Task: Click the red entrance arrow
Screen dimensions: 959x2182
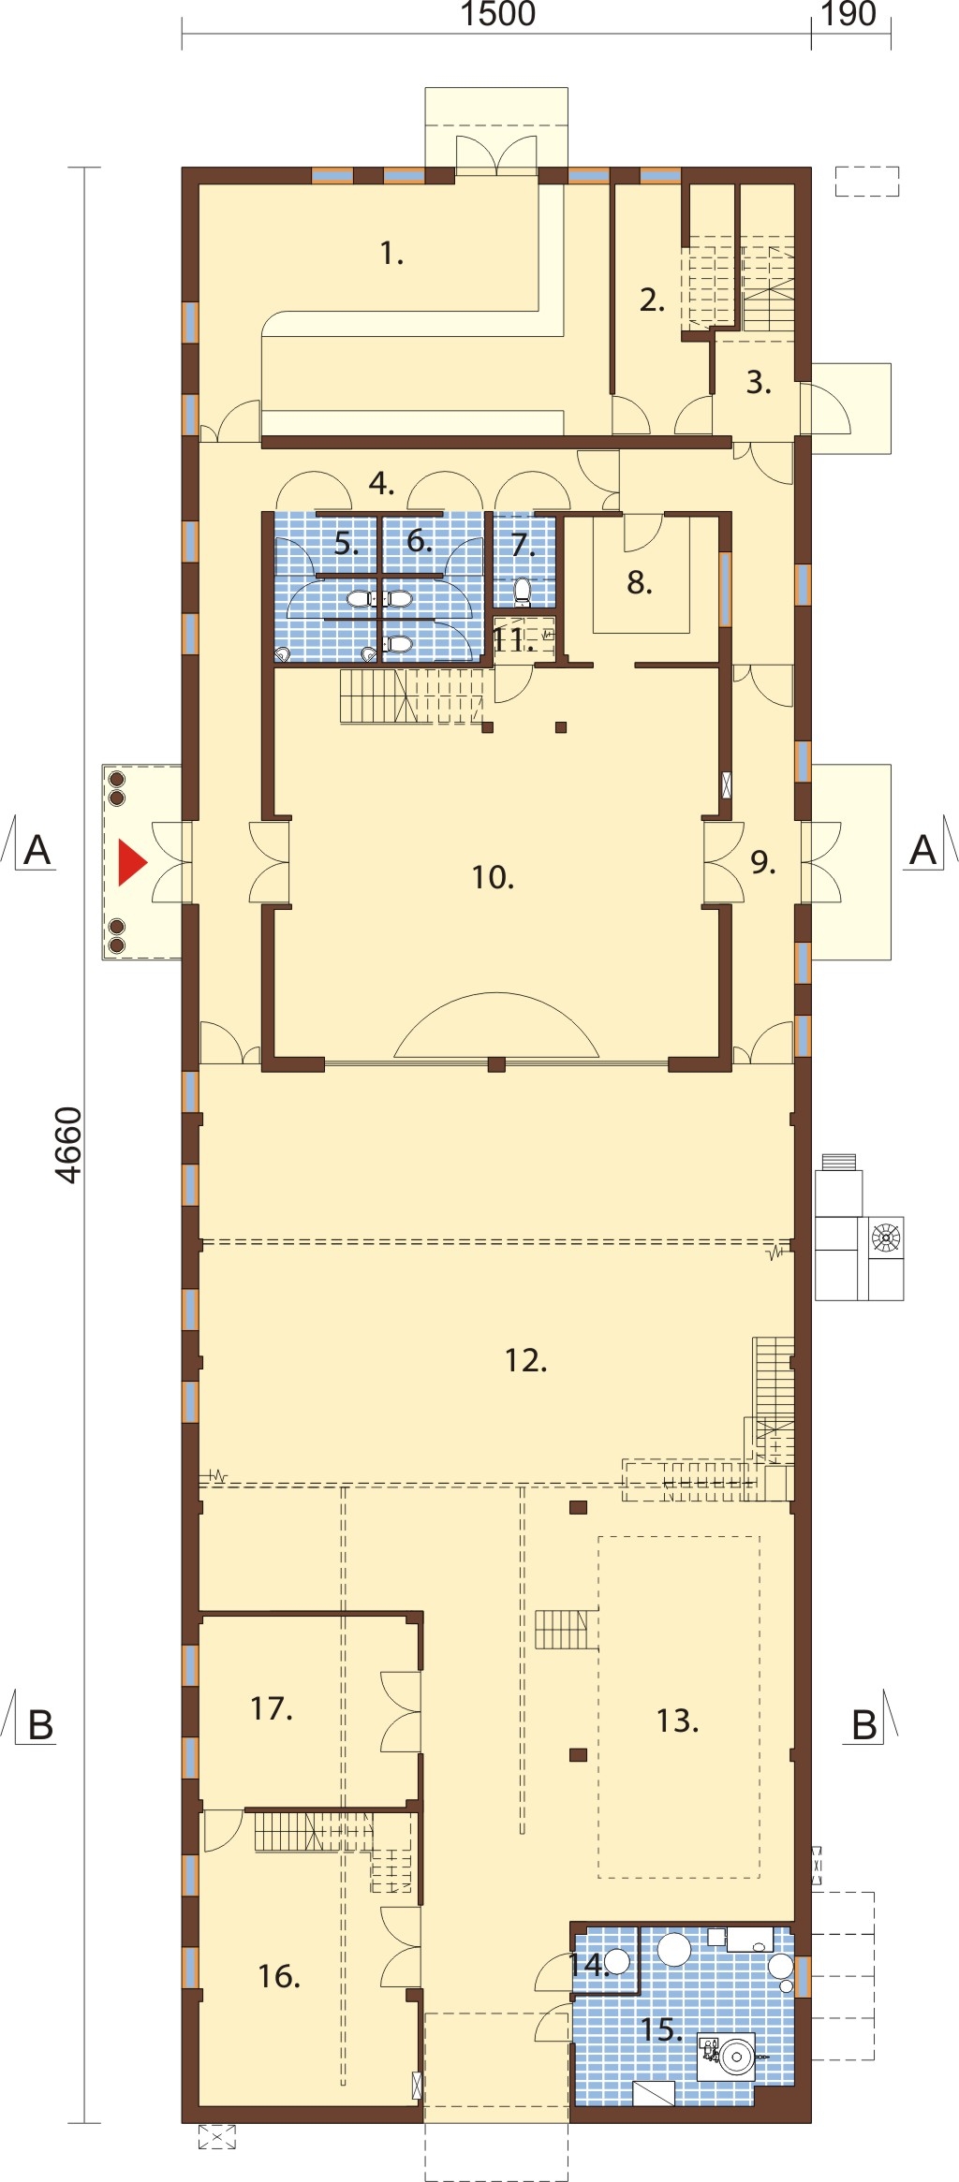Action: click(131, 862)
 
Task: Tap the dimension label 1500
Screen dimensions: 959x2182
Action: click(498, 14)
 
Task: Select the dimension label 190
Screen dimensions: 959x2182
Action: click(848, 14)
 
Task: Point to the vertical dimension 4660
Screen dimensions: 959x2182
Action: click(69, 1145)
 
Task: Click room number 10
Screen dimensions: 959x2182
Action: click(493, 877)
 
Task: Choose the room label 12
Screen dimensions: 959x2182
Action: click(525, 1360)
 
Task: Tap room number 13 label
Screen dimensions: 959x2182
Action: click(677, 1721)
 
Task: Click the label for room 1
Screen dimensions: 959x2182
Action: click(391, 253)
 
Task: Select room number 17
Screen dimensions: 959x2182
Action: click(272, 1708)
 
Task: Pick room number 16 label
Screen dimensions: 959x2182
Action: click(279, 1976)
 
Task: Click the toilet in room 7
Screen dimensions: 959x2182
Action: click(523, 592)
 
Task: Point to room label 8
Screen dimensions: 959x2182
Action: click(640, 582)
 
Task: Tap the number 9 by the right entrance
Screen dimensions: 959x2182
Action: click(763, 861)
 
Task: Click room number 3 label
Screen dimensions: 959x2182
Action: click(759, 382)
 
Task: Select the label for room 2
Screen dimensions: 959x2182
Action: click(652, 300)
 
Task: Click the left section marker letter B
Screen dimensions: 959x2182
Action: click(41, 1725)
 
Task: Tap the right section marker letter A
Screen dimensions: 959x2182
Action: click(923, 850)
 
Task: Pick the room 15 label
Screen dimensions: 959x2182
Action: click(661, 2029)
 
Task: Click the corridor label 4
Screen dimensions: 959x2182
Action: click(381, 483)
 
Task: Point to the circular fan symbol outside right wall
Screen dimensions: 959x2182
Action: click(886, 1237)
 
